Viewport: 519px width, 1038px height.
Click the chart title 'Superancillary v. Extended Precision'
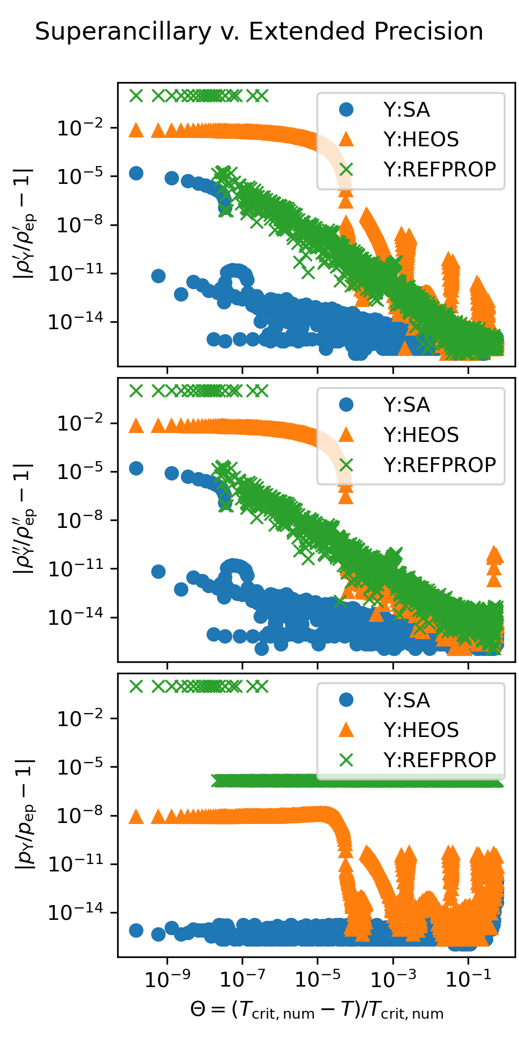click(259, 32)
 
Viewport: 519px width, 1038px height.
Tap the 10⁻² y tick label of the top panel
click(81, 129)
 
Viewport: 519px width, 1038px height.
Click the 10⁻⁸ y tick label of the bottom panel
click(81, 816)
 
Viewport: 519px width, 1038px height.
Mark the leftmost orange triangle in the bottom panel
click(136, 817)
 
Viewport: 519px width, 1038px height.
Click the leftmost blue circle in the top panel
click(136, 173)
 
